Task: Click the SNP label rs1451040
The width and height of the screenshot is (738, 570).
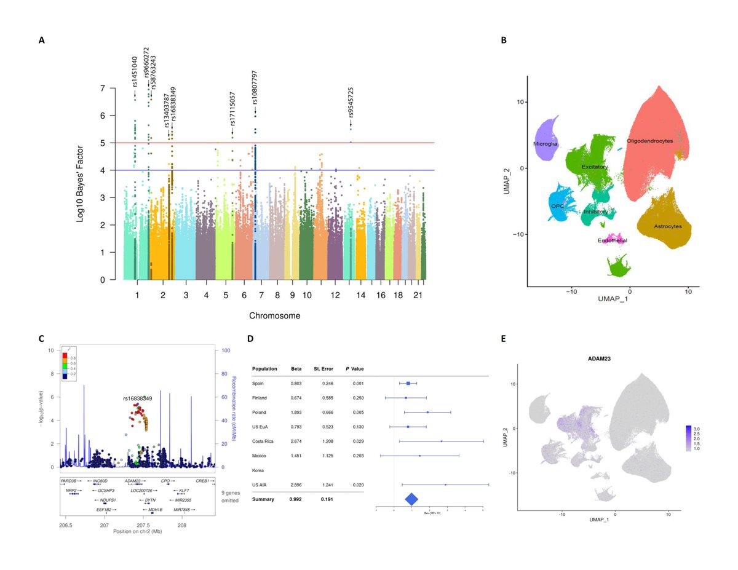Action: click(x=135, y=71)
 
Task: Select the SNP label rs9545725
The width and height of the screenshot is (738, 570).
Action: click(x=351, y=102)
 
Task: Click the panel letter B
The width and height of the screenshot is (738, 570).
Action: click(x=504, y=41)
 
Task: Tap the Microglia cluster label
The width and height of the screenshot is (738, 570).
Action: click(x=546, y=144)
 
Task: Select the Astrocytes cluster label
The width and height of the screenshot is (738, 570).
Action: click(x=672, y=226)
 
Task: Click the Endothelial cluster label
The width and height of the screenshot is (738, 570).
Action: click(x=613, y=240)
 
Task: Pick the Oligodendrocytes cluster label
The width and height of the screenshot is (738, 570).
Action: click(x=649, y=141)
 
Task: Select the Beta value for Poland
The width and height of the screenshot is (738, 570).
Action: click(x=295, y=411)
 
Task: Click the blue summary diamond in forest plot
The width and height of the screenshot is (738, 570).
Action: click(x=411, y=500)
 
